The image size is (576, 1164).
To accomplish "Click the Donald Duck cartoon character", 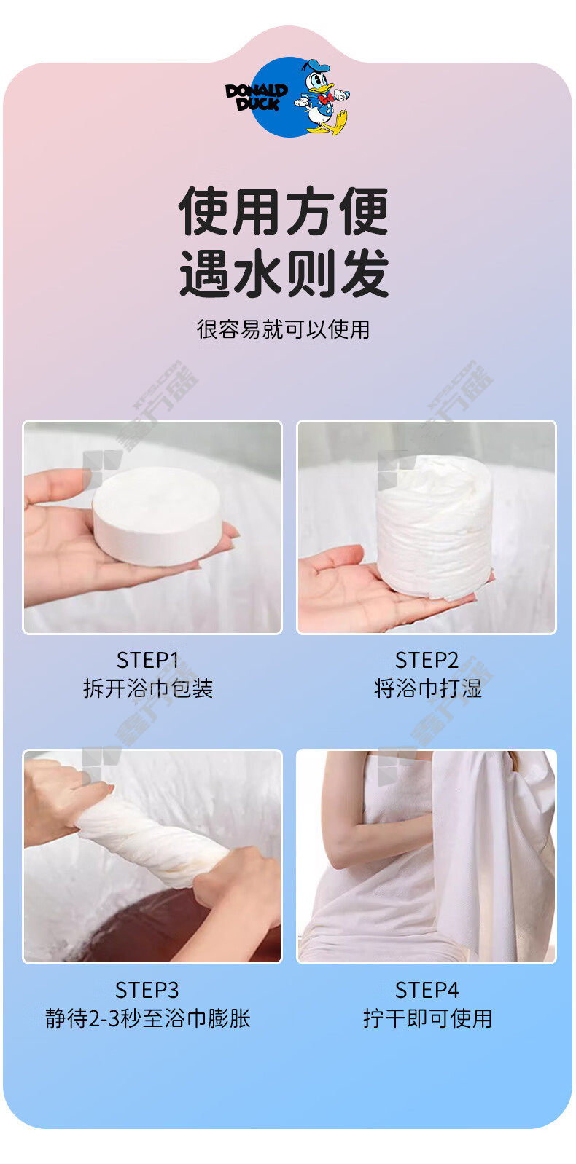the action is click(x=323, y=97).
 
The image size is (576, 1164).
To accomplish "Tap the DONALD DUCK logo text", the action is click(x=256, y=98).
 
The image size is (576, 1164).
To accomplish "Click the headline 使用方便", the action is click(x=284, y=211).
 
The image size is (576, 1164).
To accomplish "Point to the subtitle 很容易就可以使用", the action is click(x=284, y=329).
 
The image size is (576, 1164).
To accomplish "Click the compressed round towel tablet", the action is click(x=157, y=516).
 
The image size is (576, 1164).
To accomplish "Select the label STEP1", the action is click(x=148, y=661).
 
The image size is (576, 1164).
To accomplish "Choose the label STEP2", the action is click(x=427, y=661).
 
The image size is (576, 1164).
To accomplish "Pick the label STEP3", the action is click(x=147, y=990).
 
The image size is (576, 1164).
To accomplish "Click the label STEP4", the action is click(x=427, y=990).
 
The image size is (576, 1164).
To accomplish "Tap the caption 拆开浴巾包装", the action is click(x=148, y=688).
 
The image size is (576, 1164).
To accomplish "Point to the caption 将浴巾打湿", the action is click(x=428, y=688).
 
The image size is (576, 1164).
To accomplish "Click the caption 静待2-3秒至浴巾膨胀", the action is click(x=148, y=1018).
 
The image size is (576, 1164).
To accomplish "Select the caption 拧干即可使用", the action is click(x=428, y=1018).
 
